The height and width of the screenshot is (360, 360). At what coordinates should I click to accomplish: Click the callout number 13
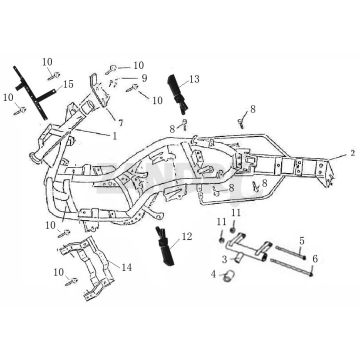click(194, 79)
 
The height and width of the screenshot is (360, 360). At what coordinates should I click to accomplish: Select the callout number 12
click(187, 237)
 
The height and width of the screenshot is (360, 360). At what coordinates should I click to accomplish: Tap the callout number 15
click(68, 84)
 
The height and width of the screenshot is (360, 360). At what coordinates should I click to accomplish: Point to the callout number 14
click(127, 267)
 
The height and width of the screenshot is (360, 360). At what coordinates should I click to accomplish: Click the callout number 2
click(353, 153)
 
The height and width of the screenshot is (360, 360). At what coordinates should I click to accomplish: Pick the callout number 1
click(115, 136)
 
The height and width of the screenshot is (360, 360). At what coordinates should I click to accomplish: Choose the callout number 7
click(120, 123)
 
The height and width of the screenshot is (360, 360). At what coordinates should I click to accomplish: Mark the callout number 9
click(144, 78)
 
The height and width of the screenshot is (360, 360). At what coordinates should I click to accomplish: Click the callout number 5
click(302, 240)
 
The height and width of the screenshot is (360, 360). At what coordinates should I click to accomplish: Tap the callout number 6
click(315, 258)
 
